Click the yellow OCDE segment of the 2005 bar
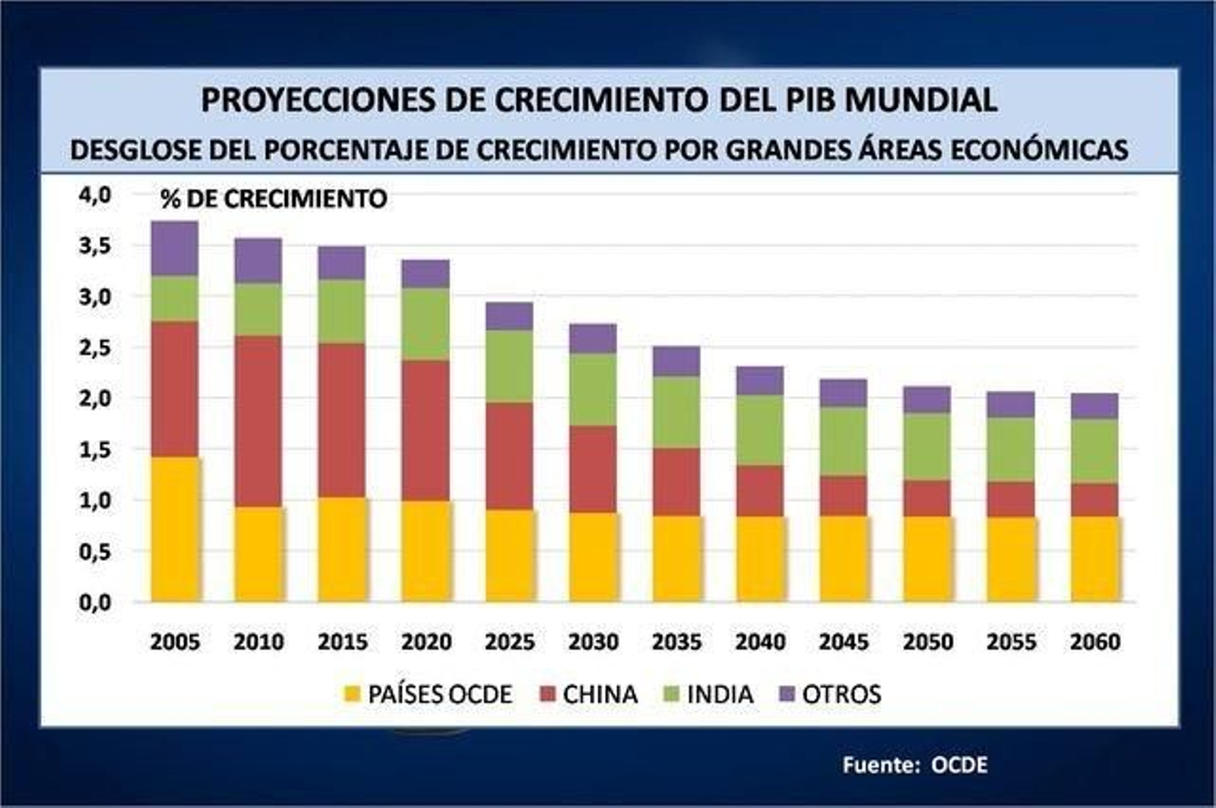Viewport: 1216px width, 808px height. click(x=176, y=528)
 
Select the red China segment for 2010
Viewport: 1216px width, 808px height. click(x=258, y=420)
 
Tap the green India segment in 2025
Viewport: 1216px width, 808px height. click(x=509, y=366)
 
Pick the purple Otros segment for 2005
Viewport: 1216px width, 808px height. click(x=175, y=249)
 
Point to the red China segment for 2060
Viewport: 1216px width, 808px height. click(x=1094, y=499)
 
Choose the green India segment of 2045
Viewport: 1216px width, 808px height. click(x=844, y=442)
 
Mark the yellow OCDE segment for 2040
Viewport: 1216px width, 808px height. click(x=760, y=559)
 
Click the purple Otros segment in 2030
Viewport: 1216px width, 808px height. click(x=593, y=339)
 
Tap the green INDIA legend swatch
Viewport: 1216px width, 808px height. click(x=673, y=694)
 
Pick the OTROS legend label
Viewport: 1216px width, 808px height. click(x=841, y=694)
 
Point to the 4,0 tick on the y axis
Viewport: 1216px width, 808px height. click(x=94, y=195)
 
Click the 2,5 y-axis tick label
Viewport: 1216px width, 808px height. click(x=94, y=348)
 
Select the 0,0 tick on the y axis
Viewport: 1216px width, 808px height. click(x=94, y=603)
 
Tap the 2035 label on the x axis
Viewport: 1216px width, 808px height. click(x=676, y=642)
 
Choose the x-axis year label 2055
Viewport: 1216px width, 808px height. click(x=1011, y=642)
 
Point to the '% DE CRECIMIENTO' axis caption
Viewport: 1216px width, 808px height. click(x=274, y=199)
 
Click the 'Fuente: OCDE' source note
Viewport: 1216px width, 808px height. click(x=915, y=765)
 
